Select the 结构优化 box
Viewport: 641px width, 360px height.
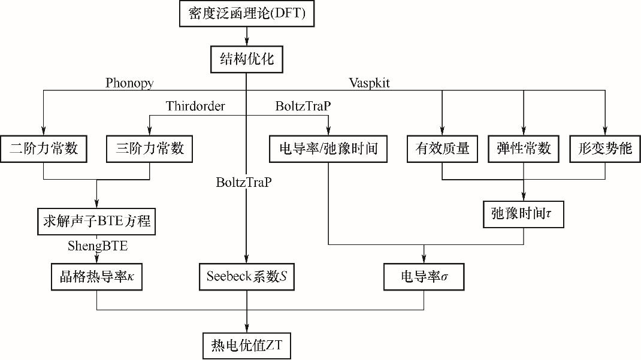tap(246, 60)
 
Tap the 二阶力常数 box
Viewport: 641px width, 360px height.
tap(44, 149)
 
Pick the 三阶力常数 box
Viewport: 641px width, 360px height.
tap(149, 149)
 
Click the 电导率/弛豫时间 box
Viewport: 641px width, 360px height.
tap(328, 149)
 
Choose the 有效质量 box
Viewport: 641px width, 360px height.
tap(442, 149)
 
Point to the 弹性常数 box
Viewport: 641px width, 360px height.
tap(524, 149)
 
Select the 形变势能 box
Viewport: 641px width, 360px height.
tap(605, 149)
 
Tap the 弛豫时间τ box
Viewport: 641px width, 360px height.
tap(524, 214)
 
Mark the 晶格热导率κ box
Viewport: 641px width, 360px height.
tap(96, 277)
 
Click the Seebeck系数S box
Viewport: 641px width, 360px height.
tap(247, 277)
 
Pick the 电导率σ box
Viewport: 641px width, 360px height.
tap(424, 277)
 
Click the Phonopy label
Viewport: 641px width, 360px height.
tap(129, 83)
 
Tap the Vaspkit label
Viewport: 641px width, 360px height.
tap(369, 83)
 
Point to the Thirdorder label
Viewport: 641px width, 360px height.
tap(195, 107)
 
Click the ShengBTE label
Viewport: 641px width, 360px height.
tap(98, 246)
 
